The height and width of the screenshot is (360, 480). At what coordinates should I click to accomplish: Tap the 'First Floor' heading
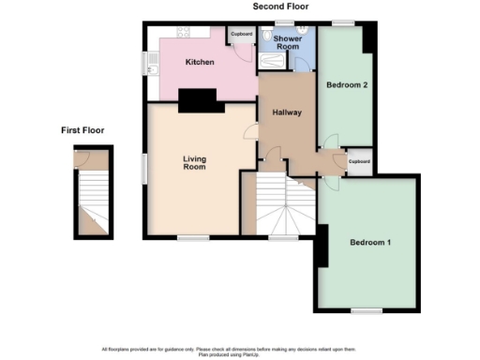click(82, 130)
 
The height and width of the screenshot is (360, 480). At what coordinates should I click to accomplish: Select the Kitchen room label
click(200, 62)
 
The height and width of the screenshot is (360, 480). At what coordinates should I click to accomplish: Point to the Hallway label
click(286, 113)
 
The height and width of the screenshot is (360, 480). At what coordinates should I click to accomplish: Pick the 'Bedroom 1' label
click(369, 243)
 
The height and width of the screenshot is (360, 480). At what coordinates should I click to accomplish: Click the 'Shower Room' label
click(286, 42)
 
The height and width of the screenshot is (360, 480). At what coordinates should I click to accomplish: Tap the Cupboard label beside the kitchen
click(242, 35)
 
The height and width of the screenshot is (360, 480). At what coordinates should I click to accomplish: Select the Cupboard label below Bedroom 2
click(359, 161)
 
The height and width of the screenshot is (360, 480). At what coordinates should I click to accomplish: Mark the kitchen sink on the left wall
click(153, 63)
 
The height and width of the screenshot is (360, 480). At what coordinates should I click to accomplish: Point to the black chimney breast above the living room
click(198, 98)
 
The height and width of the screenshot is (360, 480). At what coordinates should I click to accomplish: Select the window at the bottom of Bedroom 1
click(367, 309)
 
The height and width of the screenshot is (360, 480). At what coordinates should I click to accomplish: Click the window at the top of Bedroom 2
click(344, 22)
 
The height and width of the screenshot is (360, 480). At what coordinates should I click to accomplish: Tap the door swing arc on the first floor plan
click(86, 160)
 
